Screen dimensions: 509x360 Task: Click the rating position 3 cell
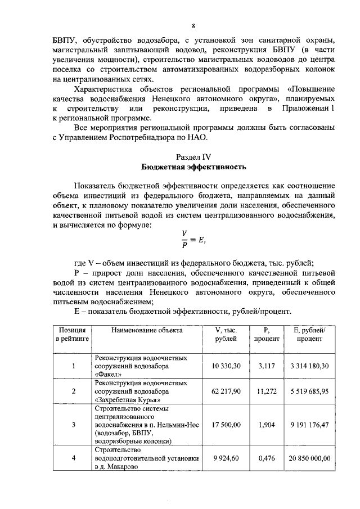73,425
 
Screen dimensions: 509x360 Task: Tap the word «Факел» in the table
109,373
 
